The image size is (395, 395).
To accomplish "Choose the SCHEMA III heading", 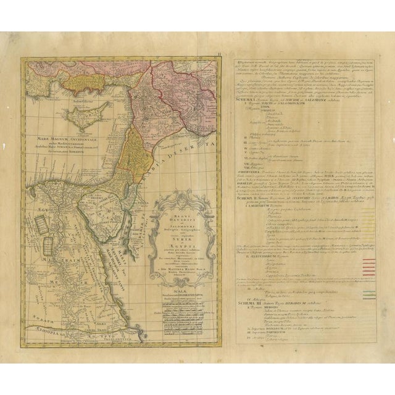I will click(249, 303).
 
